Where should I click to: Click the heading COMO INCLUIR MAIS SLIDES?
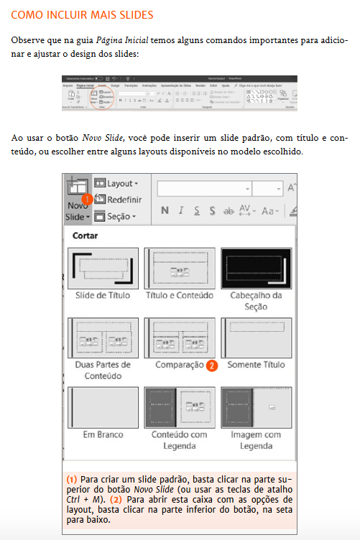pos(82,14)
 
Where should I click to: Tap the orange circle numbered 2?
pos(211,365)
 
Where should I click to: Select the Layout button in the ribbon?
pos(119,184)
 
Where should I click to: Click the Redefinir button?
pos(119,200)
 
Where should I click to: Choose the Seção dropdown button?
pos(119,215)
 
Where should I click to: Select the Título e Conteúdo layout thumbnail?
pos(180,268)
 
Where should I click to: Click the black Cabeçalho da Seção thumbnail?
pos(256,268)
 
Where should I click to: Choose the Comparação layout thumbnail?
pos(180,338)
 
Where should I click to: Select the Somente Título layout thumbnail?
pos(256,338)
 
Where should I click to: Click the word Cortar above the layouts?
pos(85,235)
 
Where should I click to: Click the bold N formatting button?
pos(165,210)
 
